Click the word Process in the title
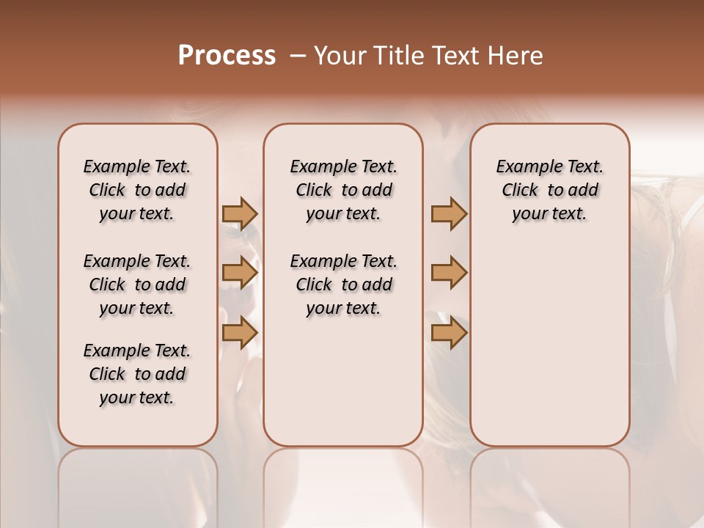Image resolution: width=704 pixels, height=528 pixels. click(227, 56)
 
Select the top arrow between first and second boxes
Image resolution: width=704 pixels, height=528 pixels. click(240, 213)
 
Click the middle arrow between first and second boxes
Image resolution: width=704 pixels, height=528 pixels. click(240, 273)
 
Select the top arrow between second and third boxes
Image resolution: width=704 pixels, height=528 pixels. click(449, 213)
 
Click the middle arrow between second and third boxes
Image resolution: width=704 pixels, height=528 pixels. click(449, 273)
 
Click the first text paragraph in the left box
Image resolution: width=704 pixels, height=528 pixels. click(137, 190)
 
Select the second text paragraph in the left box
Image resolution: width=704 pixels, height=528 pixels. click(137, 285)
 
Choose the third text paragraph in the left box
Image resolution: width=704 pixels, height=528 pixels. click(137, 374)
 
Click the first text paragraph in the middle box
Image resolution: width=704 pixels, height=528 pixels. click(343, 190)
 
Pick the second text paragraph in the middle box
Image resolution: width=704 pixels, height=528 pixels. click(343, 285)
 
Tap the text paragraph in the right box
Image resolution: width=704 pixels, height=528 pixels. click(549, 190)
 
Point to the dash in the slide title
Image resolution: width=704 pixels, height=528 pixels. click(298, 56)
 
